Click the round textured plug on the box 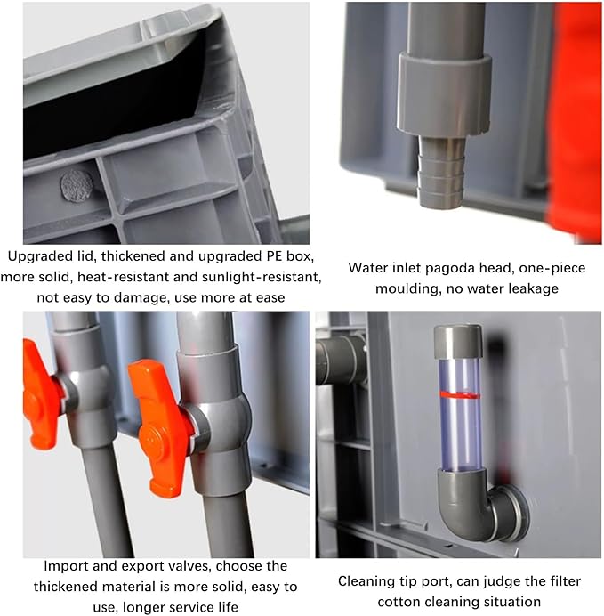[x=77, y=186]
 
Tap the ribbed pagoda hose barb [x=441, y=172]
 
